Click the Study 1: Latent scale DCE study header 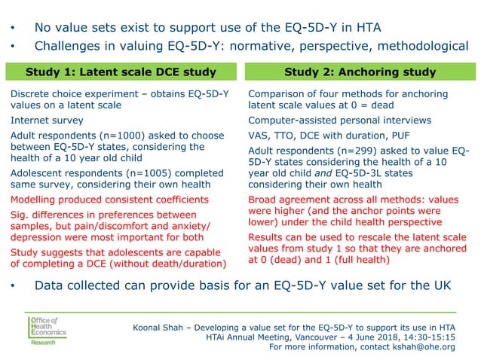[x=121, y=72]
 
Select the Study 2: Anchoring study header [x=360, y=72]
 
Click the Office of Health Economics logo [x=47, y=330]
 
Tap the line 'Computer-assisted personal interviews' [x=339, y=120]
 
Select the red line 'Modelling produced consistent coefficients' [x=109, y=199]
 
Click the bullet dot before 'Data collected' [x=13, y=287]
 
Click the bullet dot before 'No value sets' [x=13, y=28]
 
